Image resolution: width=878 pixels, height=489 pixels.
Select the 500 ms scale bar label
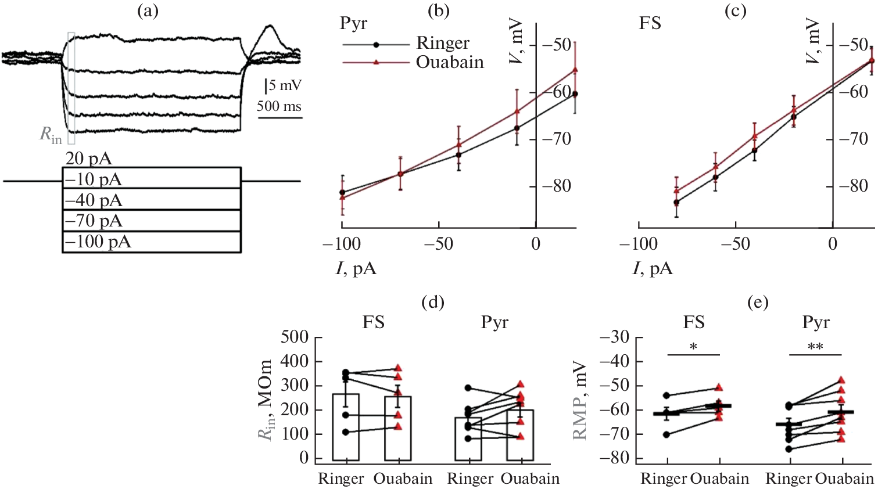click(279, 106)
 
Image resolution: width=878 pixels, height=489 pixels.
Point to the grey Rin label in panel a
click(51, 135)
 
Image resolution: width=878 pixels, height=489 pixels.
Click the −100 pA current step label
click(98, 242)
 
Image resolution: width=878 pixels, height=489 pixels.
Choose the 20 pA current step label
click(88, 159)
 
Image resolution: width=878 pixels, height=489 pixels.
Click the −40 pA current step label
click(94, 200)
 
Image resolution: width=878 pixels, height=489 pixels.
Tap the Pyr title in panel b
click(353, 24)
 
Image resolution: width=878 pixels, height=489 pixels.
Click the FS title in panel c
click(650, 24)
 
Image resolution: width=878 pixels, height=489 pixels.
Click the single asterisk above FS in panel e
click(694, 347)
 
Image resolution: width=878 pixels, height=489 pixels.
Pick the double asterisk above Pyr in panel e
click(815, 347)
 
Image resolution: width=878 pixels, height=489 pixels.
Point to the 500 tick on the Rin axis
click(295, 337)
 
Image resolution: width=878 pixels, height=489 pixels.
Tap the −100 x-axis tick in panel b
click(342, 244)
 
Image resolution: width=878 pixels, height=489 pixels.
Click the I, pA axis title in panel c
click(653, 268)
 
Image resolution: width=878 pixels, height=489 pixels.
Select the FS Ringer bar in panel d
click(346, 427)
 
